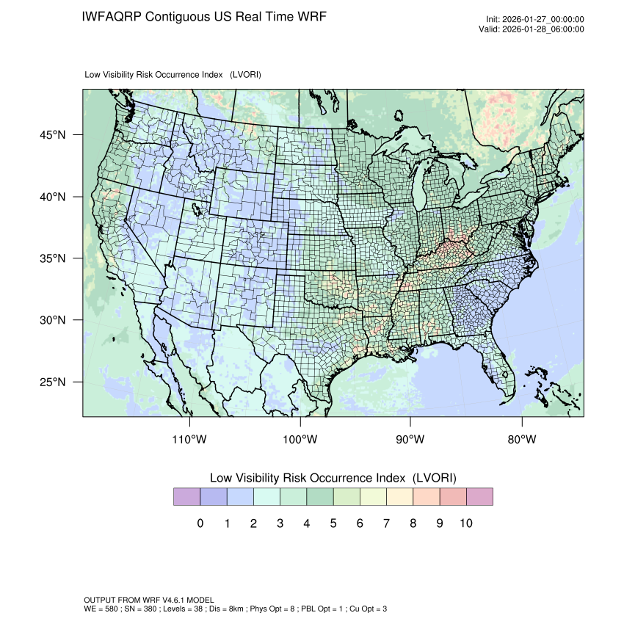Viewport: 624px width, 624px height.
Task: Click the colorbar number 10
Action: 465,523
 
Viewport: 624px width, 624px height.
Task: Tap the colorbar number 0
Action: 200,523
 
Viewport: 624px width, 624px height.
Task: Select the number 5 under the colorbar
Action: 333,523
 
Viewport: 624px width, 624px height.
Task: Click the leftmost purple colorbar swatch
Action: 186,497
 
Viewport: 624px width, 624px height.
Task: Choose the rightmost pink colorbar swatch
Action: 479,497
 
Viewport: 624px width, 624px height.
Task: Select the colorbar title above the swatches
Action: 333,478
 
